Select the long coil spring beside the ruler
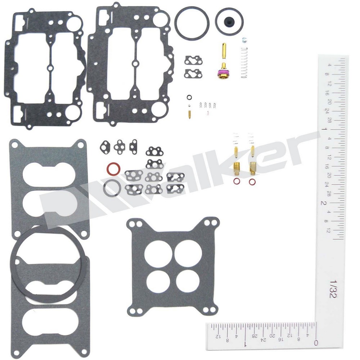click(244, 63)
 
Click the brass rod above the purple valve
click(224, 54)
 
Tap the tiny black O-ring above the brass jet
click(189, 97)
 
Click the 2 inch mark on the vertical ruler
click(324, 202)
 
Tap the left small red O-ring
click(237, 181)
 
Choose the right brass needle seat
click(253, 166)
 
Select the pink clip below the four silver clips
click(207, 113)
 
